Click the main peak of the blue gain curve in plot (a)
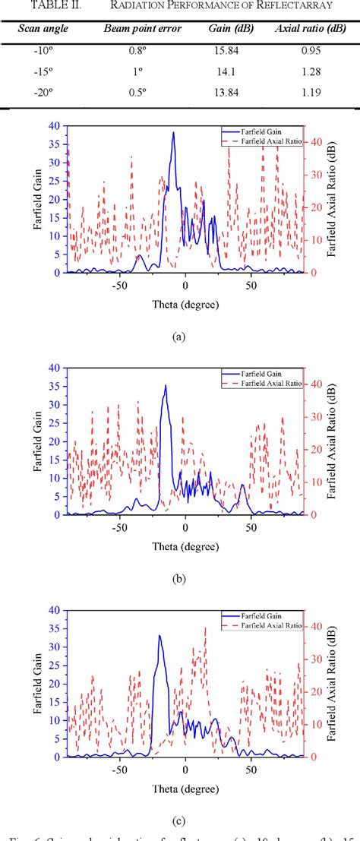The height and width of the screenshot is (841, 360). click(173, 133)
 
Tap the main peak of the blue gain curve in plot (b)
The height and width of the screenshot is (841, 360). click(166, 385)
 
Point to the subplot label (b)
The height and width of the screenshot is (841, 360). click(179, 578)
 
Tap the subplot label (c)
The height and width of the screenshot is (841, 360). click(179, 820)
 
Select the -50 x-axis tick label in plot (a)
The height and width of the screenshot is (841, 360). click(118, 286)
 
